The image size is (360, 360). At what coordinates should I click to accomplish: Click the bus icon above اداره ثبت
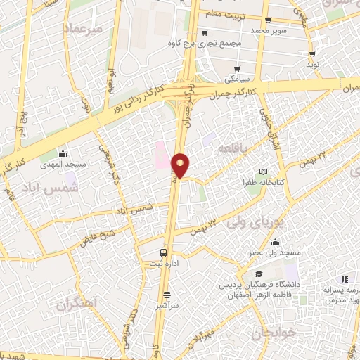click(x=164, y=252)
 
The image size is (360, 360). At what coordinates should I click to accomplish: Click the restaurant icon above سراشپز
click(x=167, y=295)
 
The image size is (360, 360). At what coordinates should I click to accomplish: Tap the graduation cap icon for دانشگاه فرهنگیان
click(x=259, y=274)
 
